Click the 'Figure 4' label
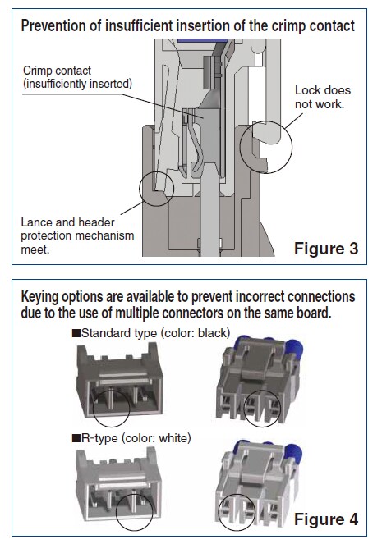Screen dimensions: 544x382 pos(325,519)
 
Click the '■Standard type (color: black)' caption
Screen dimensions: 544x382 pos(151,332)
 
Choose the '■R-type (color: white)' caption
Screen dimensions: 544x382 pos(131,439)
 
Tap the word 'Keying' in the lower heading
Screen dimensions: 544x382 pos(43,295)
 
